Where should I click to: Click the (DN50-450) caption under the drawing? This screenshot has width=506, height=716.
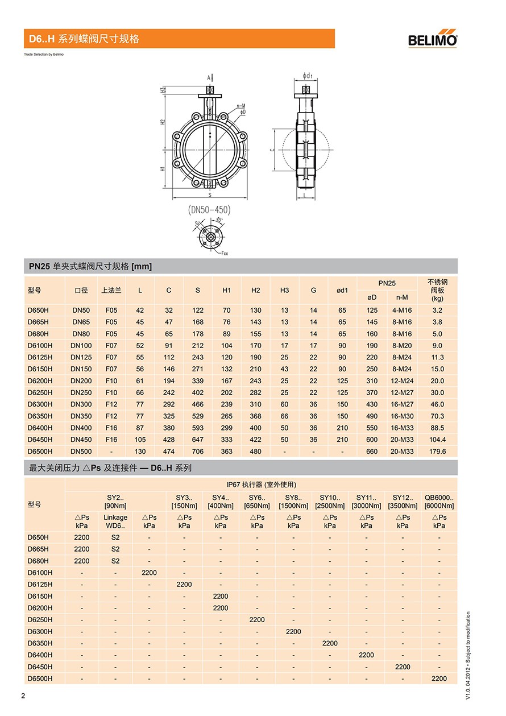tap(209, 209)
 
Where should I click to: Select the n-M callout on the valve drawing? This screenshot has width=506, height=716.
tap(240, 106)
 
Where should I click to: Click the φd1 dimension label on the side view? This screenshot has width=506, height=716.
tap(308, 75)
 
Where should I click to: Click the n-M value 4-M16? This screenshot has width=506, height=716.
tap(402, 311)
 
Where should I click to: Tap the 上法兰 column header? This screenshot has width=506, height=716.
tap(111, 291)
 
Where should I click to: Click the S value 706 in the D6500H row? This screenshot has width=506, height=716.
tap(197, 452)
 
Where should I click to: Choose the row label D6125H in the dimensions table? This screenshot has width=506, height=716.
tap(40, 357)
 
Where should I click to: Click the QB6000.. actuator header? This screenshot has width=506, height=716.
tap(439, 501)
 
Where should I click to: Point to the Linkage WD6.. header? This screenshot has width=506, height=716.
tap(115, 522)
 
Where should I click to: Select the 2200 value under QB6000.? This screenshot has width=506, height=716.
tap(439, 678)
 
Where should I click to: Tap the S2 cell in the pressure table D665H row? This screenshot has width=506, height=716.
tap(115, 549)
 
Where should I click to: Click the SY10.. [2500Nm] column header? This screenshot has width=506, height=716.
tap(330, 501)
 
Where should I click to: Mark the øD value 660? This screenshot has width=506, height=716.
tap(371, 452)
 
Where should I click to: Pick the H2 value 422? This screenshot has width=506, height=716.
tap(255, 440)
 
